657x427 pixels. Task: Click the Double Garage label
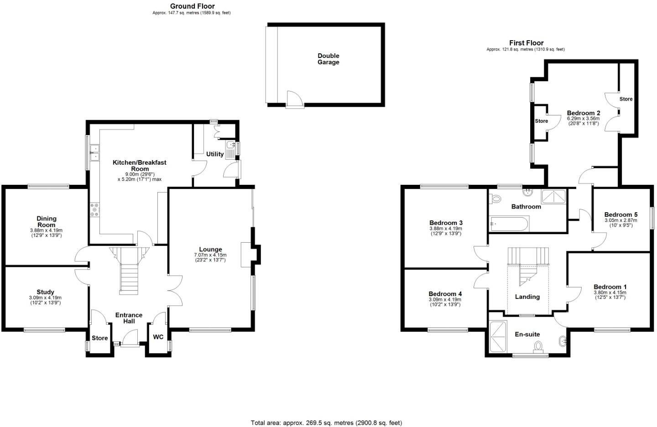coord(328,59)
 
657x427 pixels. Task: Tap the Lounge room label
coord(210,250)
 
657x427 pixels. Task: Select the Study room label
coord(45,292)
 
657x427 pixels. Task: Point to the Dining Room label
coord(46,222)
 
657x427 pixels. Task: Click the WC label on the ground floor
coord(158,337)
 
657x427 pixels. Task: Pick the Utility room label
coord(215,154)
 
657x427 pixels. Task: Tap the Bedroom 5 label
coord(620,215)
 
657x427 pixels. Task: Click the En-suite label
coord(527,334)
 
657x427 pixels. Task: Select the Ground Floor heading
coord(192,6)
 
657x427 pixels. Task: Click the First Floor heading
coord(526,43)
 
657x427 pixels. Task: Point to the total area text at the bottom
coord(326,423)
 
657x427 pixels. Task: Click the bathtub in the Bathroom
coord(509,224)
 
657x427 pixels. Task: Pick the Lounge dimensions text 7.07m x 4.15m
coord(210,255)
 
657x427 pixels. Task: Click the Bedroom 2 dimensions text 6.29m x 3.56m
coord(583,119)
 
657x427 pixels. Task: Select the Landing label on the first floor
coord(527,297)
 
